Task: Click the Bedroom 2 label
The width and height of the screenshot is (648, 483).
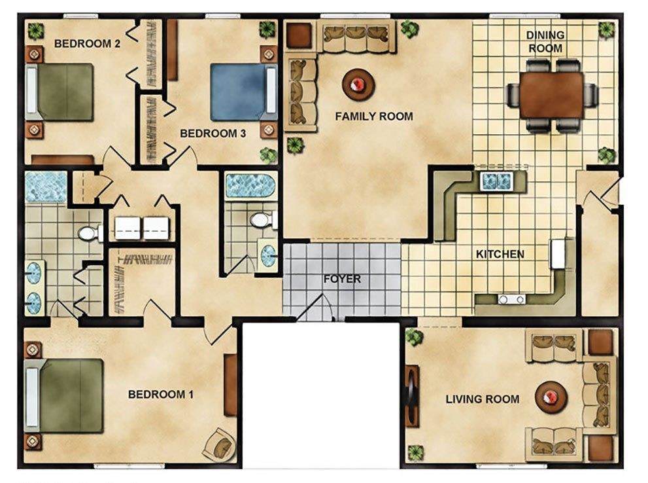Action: click(87, 43)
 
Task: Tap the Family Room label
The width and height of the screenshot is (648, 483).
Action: click(374, 116)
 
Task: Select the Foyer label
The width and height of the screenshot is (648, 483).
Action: click(342, 279)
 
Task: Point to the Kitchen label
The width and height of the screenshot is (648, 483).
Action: click(500, 254)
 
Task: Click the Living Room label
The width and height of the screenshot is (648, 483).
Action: click(483, 399)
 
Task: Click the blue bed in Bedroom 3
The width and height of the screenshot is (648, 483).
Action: click(243, 92)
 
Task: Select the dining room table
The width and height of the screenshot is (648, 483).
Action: click(552, 95)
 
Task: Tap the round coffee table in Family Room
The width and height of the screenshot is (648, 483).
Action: click(358, 85)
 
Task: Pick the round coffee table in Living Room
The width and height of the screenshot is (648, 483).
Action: click(551, 397)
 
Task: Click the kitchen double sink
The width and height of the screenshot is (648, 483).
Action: click(496, 181)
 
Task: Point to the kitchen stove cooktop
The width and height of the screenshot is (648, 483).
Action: click(511, 299)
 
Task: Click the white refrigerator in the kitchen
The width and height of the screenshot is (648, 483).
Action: click(558, 254)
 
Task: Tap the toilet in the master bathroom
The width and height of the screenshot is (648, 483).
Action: click(90, 234)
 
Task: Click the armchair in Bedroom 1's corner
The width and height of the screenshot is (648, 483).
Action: click(220, 444)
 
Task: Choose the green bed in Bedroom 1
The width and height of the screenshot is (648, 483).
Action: click(64, 396)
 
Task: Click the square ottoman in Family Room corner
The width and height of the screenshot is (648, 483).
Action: click(298, 35)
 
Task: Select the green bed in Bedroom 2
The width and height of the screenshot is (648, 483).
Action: click(60, 92)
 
